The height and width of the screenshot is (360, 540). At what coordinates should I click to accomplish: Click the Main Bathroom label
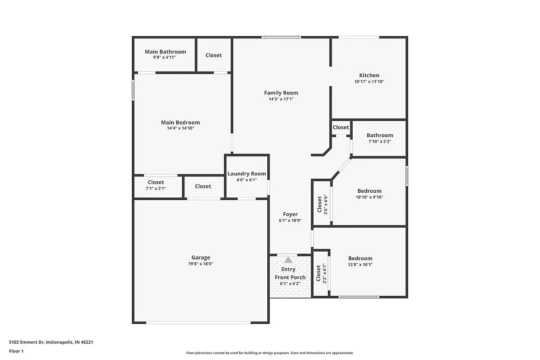(165, 52)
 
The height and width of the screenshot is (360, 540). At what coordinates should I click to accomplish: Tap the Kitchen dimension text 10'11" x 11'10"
(369, 81)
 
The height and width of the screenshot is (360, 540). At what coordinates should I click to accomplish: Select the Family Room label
(281, 93)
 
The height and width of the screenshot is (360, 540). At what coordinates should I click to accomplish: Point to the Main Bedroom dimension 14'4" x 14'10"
(180, 128)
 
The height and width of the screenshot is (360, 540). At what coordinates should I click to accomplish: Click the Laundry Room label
(247, 174)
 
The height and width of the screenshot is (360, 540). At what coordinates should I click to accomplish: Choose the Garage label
(200, 257)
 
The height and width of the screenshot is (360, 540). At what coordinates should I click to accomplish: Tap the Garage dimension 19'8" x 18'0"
(200, 264)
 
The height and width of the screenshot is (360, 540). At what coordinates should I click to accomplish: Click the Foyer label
(290, 214)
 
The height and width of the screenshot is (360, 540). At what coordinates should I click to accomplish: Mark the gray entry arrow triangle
(288, 260)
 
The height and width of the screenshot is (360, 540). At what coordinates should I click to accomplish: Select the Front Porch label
(290, 277)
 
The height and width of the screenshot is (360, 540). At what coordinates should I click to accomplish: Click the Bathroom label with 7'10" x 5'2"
(380, 135)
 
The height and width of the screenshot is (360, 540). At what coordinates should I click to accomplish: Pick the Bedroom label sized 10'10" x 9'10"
(369, 191)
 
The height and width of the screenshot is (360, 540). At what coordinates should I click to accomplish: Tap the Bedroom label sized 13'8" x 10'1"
(360, 258)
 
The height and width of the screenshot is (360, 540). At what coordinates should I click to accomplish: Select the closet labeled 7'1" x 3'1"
(156, 182)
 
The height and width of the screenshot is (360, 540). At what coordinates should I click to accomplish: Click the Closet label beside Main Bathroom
(213, 55)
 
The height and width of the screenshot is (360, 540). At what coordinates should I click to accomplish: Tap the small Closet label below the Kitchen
(341, 127)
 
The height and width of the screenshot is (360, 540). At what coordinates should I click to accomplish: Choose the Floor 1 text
(16, 351)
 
